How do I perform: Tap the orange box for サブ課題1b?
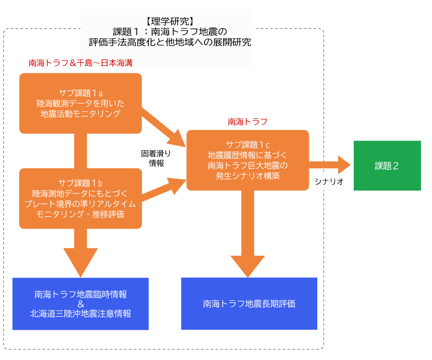pyautogui.click(x=81, y=198)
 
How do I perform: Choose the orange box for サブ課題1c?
pyautogui.click(x=247, y=160)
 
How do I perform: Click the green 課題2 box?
pyautogui.click(x=387, y=166)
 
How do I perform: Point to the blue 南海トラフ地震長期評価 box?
pyautogui.click(x=249, y=303)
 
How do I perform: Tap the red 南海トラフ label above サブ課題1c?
pyautogui.click(x=247, y=122)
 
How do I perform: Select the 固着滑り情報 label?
pyautogui.click(x=156, y=158)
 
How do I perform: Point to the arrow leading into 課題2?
pyautogui.click(x=331, y=165)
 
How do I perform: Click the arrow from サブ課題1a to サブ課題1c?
pyautogui.click(x=163, y=128)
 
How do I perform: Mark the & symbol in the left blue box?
pyautogui.click(x=81, y=304)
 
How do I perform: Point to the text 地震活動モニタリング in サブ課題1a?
pyautogui.click(x=81, y=113)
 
